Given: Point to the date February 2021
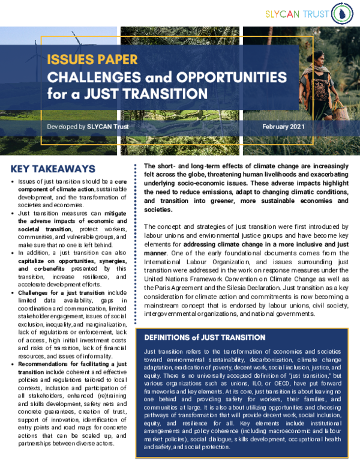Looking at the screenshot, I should pyautogui.click(x=284, y=127).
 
